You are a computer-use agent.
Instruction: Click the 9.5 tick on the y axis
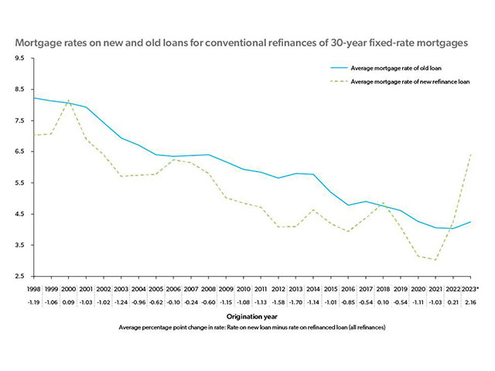[19, 59]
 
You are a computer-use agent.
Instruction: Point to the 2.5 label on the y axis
[19, 276]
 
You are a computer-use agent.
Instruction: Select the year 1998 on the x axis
[33, 288]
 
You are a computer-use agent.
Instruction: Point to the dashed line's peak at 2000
[68, 100]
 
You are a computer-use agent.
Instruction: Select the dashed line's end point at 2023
[470, 155]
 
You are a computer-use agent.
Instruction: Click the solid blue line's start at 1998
[33, 98]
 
